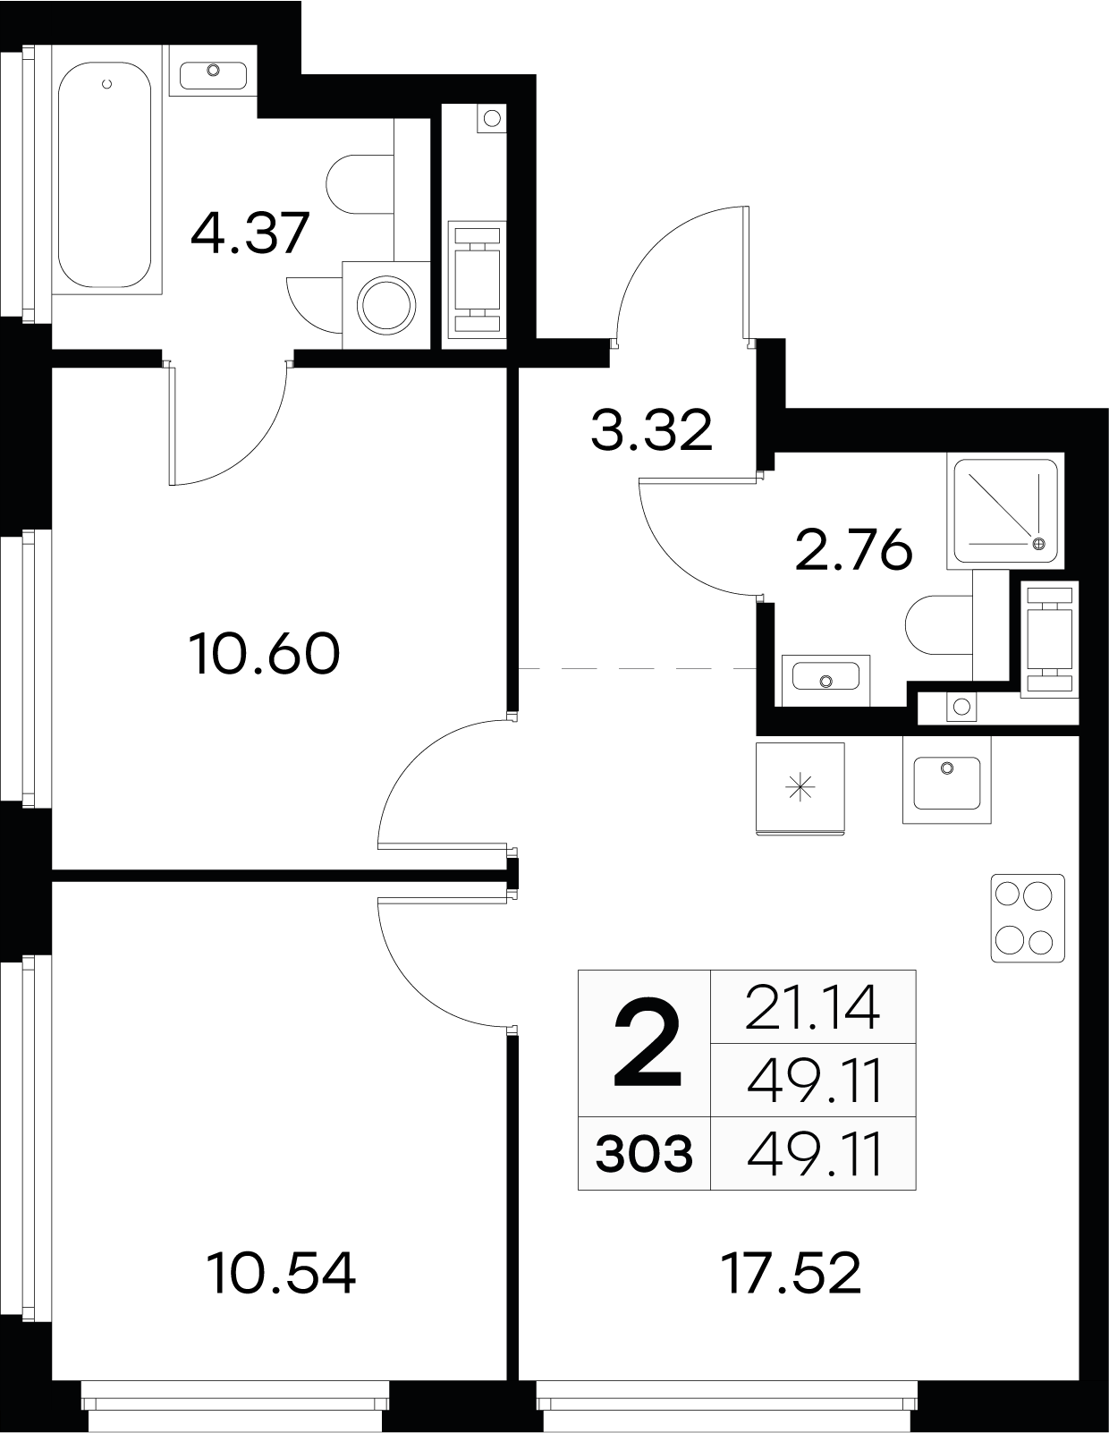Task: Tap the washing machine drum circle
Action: (x=386, y=305)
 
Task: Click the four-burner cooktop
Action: (x=1028, y=917)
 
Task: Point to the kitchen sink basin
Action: (x=947, y=783)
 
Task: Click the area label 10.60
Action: (x=264, y=653)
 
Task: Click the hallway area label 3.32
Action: (x=651, y=430)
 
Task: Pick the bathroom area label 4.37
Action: (x=250, y=233)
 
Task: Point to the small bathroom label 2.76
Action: (x=854, y=550)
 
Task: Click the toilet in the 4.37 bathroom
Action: (x=360, y=184)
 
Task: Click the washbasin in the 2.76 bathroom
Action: (x=825, y=681)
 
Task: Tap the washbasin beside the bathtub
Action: (x=213, y=72)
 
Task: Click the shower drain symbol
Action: (x=1039, y=543)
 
